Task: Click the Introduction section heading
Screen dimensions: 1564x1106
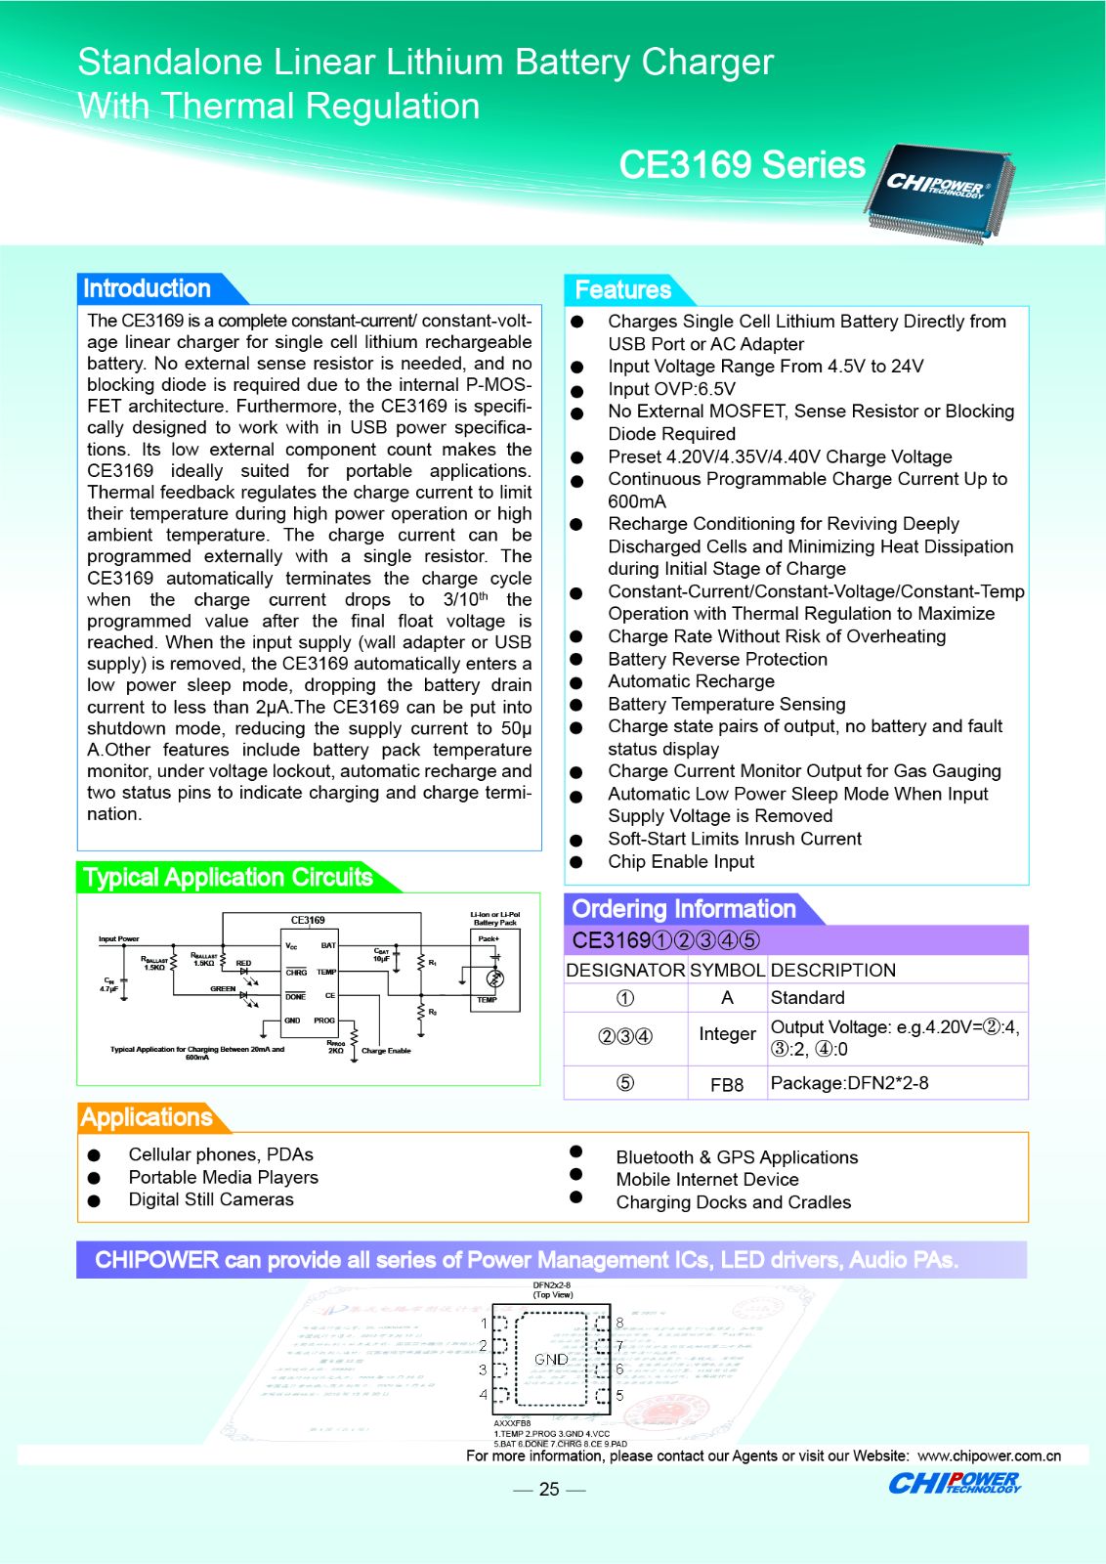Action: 147,288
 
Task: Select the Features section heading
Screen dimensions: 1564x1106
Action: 622,290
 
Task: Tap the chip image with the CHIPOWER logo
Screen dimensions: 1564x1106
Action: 938,191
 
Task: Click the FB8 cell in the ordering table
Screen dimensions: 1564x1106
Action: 727,1084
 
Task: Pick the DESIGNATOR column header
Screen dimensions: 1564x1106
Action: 625,970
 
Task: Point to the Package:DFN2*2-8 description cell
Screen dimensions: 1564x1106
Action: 849,1083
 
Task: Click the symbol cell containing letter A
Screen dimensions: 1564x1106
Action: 727,998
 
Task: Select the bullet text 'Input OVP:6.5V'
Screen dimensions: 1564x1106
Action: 671,389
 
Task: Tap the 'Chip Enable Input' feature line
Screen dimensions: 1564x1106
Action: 681,861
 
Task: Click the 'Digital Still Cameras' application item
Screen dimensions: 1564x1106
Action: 211,1199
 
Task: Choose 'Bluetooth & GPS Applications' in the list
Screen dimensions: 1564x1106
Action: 737,1157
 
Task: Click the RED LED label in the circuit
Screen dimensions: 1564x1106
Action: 243,963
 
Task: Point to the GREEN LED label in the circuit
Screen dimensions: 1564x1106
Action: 223,989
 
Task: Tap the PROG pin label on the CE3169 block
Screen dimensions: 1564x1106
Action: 324,1021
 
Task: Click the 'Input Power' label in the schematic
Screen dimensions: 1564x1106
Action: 118,939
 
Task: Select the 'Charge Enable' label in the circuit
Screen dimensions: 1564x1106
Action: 386,1051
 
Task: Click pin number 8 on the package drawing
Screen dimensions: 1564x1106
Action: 619,1323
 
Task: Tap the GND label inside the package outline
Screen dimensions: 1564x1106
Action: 551,1359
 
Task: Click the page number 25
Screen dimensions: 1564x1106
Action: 549,1489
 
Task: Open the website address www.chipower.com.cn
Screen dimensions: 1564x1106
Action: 989,1455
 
